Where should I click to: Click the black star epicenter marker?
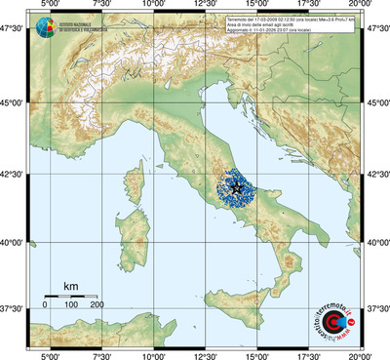(237, 185)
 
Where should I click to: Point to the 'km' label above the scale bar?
(70, 286)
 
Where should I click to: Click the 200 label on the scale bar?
(97, 306)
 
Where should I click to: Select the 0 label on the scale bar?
(45, 306)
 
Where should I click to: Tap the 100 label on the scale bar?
(71, 306)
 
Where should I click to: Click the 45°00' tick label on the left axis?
(13, 102)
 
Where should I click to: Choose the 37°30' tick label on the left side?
(13, 308)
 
